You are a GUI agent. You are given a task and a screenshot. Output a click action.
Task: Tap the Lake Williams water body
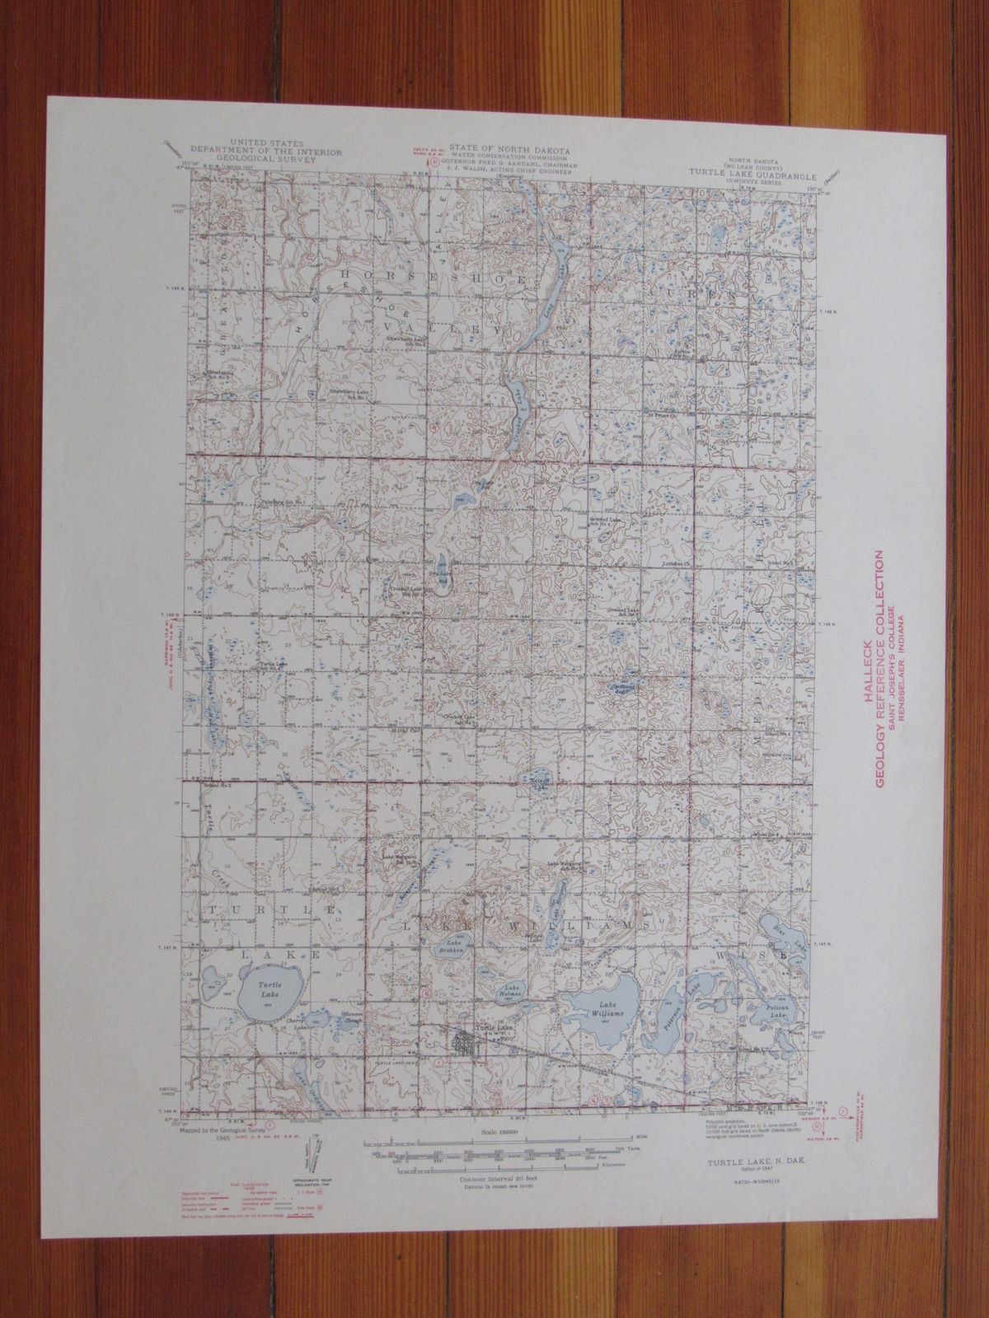608,1004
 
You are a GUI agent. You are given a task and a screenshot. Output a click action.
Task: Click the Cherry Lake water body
319,1019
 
